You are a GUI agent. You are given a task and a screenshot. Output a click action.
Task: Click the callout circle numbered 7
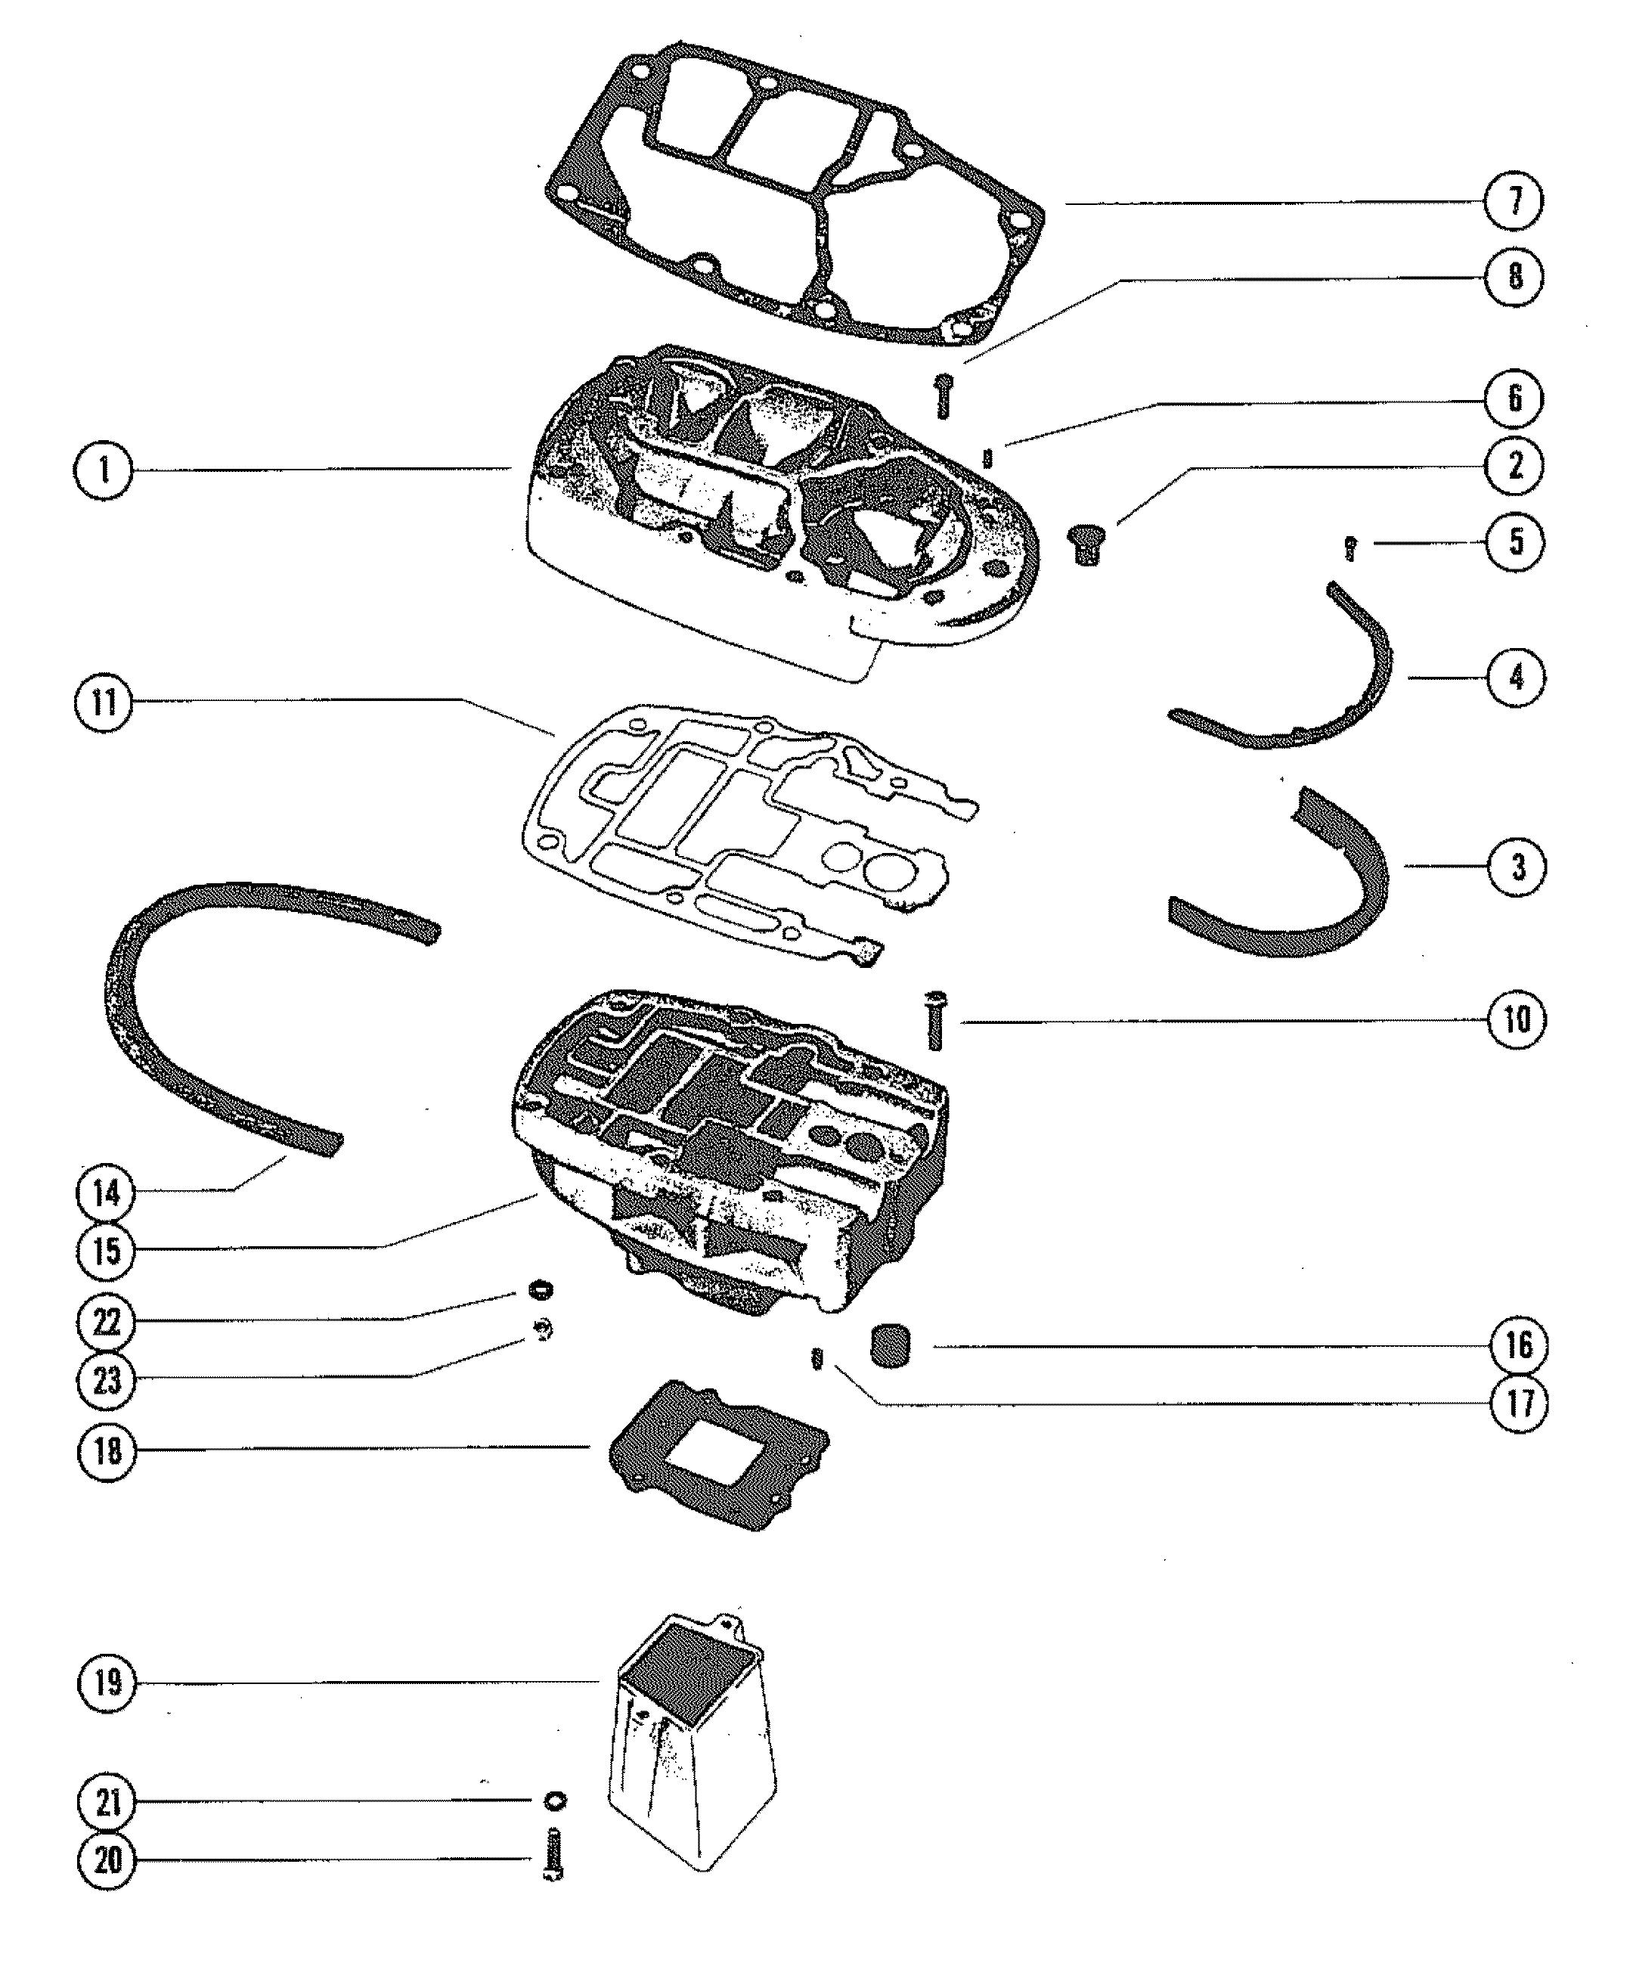point(1514,201)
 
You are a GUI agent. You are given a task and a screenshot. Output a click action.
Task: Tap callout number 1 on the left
point(104,470)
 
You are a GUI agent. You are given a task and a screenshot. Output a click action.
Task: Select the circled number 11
point(104,702)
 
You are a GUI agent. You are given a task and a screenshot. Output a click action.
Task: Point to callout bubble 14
point(107,1193)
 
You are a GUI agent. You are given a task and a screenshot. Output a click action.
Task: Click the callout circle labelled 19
point(108,1682)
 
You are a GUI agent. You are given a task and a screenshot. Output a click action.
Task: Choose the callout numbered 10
point(1515,1019)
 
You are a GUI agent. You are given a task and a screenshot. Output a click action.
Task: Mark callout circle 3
point(1517,867)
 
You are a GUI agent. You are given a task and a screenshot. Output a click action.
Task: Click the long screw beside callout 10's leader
point(936,1021)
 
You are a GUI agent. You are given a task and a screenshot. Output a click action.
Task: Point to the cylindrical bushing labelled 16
point(889,1346)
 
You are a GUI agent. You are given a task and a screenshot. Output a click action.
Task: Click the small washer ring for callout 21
point(555,1801)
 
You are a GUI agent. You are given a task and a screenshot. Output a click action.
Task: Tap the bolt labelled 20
point(553,1854)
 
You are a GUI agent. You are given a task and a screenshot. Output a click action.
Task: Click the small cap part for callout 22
point(540,1287)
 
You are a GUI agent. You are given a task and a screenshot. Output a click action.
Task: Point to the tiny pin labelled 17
point(817,1360)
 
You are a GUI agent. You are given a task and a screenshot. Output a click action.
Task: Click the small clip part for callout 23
point(543,1330)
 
